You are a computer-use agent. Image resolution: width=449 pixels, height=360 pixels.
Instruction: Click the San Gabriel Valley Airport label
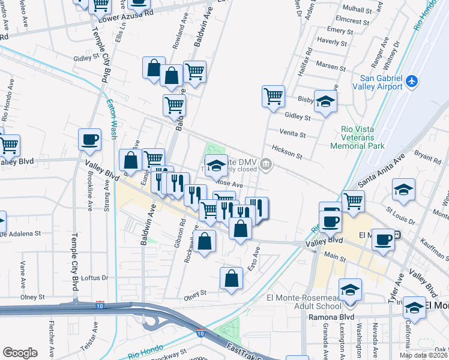(x=381, y=82)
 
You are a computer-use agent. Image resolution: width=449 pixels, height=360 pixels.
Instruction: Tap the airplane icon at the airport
(x=412, y=81)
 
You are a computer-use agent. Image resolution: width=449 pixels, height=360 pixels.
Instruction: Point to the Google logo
(x=20, y=352)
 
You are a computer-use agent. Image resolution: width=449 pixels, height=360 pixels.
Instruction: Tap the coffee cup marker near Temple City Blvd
(x=90, y=139)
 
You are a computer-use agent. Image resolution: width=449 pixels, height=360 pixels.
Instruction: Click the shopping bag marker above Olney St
(x=231, y=278)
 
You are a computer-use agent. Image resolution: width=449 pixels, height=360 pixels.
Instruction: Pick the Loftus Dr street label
(x=94, y=278)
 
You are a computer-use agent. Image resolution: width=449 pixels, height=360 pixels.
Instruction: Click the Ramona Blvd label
(x=328, y=317)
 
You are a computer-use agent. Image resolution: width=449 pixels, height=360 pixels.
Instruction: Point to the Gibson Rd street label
(x=178, y=229)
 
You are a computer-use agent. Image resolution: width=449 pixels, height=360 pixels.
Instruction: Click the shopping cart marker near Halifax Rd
(x=273, y=95)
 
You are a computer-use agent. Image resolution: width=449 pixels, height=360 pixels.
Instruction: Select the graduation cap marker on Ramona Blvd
(x=414, y=308)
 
